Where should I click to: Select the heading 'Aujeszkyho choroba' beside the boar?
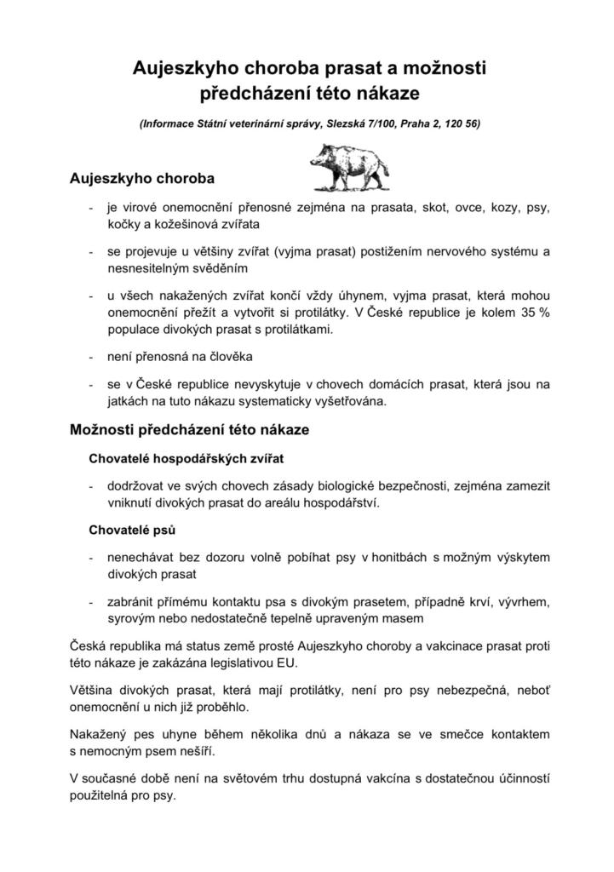[141, 180]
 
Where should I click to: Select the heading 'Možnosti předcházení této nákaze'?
[188, 430]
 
